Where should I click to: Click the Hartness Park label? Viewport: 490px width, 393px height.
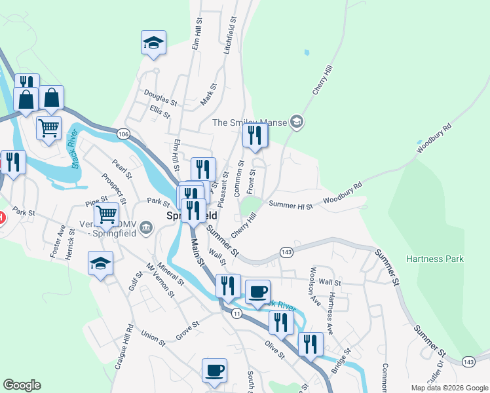click(434, 259)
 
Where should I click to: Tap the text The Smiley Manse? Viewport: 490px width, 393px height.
click(250, 122)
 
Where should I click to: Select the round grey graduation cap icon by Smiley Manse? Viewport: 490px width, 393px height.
click(297, 122)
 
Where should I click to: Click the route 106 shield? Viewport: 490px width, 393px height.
click(122, 134)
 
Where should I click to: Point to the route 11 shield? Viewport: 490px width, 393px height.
click(236, 314)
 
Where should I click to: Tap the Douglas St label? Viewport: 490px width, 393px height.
click(160, 98)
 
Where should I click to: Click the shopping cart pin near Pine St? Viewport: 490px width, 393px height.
click(106, 214)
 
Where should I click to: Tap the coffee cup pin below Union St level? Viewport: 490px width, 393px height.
click(214, 371)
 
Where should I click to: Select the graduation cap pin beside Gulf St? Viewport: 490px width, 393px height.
click(100, 264)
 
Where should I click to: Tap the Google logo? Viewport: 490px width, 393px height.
click(22, 385)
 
